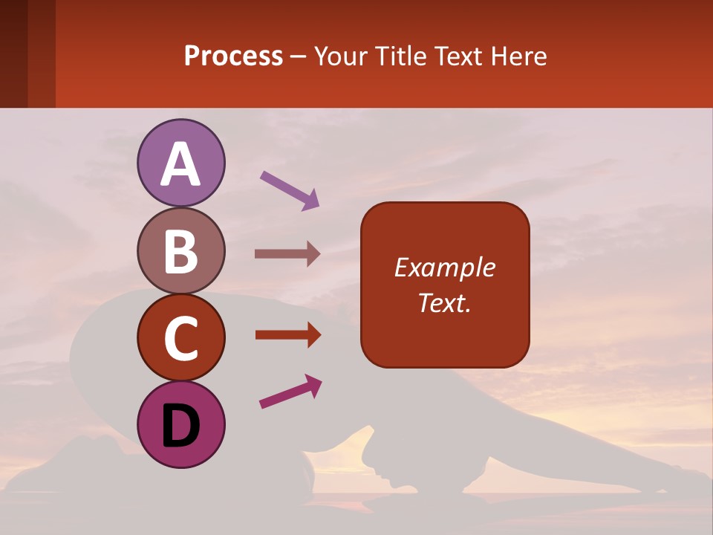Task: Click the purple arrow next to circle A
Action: [x=290, y=190]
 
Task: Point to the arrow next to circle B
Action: [x=287, y=254]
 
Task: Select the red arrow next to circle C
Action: [x=287, y=334]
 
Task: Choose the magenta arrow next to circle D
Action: [x=290, y=392]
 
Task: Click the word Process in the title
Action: [x=233, y=56]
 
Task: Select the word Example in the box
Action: [x=444, y=267]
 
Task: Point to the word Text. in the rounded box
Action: [x=444, y=303]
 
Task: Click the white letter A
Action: [x=180, y=165]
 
